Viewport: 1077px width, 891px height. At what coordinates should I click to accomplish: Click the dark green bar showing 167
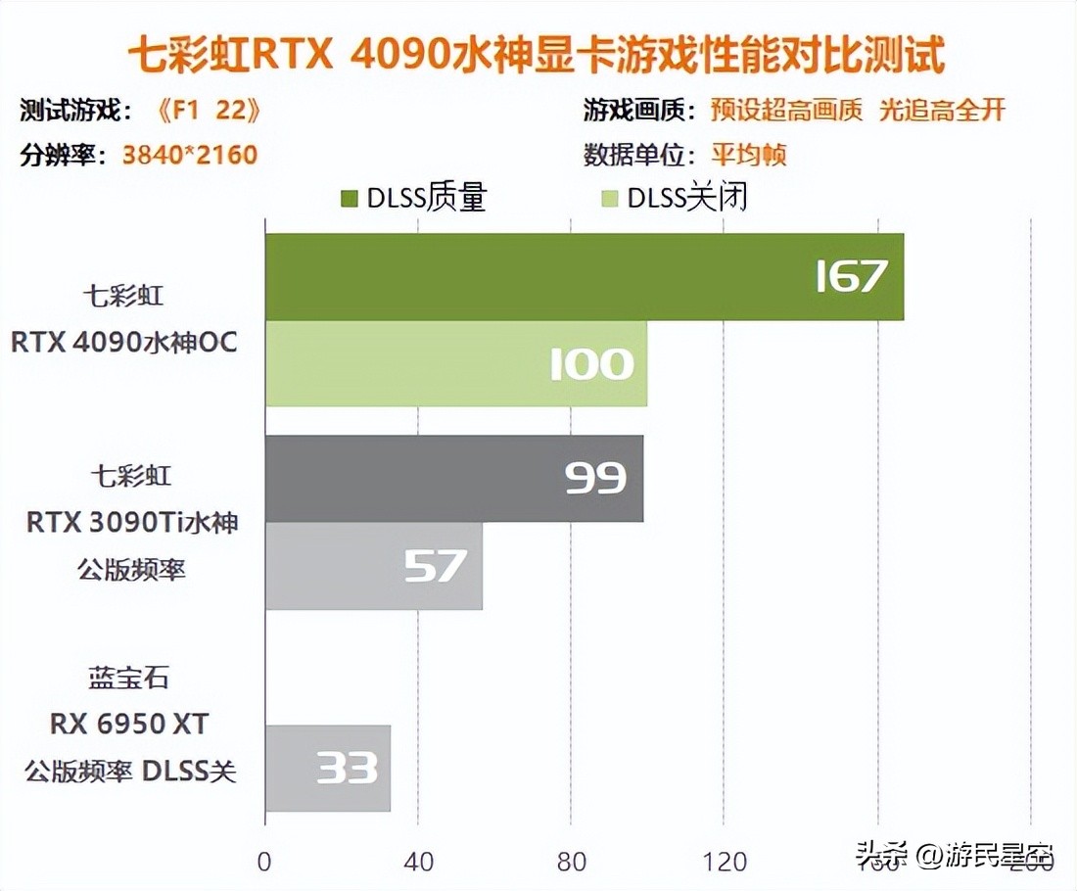pos(584,277)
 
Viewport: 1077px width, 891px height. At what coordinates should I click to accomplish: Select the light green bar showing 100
pos(455,363)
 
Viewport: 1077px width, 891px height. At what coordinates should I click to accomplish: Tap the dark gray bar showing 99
pos(453,479)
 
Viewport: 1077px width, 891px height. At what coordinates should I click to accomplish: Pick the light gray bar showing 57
pos(373,566)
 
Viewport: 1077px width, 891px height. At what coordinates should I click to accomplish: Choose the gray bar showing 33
pos(327,768)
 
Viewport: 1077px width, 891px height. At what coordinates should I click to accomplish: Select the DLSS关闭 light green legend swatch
pos(610,199)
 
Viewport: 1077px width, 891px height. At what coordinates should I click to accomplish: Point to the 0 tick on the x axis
pos(264,862)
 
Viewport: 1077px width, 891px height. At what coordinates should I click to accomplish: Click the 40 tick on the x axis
pos(418,862)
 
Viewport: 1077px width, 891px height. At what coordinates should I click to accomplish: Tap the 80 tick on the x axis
pos(572,862)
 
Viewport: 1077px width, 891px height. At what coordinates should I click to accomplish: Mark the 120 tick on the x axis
pos(726,862)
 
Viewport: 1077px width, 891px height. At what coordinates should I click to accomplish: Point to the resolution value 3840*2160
pos(190,155)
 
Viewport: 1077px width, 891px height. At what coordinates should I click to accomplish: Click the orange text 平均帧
pos(749,155)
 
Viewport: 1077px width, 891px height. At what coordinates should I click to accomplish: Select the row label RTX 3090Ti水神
pos(132,522)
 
